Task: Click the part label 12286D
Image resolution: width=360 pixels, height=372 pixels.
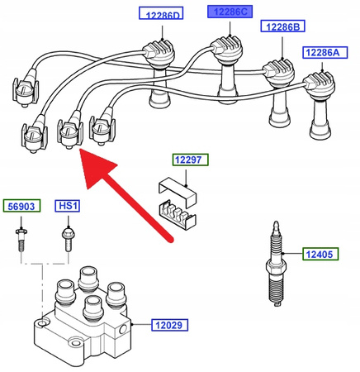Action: click(x=161, y=13)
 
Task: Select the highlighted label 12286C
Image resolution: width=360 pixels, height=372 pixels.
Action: click(x=230, y=12)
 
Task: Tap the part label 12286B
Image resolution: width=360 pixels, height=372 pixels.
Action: click(x=282, y=26)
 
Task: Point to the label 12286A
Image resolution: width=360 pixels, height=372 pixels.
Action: click(x=325, y=52)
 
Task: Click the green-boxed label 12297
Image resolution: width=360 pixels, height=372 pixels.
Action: click(x=191, y=160)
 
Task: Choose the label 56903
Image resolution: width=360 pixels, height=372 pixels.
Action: click(x=21, y=206)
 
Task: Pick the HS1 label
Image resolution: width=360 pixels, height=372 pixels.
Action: click(x=68, y=206)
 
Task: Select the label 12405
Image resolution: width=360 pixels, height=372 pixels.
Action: click(x=320, y=254)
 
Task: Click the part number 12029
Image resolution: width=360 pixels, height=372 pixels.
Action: click(x=170, y=325)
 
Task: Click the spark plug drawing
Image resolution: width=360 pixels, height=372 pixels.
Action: click(x=277, y=264)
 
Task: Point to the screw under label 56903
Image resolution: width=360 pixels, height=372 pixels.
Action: click(x=21, y=239)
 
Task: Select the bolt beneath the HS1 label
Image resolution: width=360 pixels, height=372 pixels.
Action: click(x=68, y=239)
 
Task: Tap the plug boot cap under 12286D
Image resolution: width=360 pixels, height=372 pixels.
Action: click(x=159, y=53)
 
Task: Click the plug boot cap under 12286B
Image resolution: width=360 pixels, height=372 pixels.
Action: click(x=278, y=73)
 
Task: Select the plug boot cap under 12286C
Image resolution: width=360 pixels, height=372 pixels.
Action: click(x=226, y=50)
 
